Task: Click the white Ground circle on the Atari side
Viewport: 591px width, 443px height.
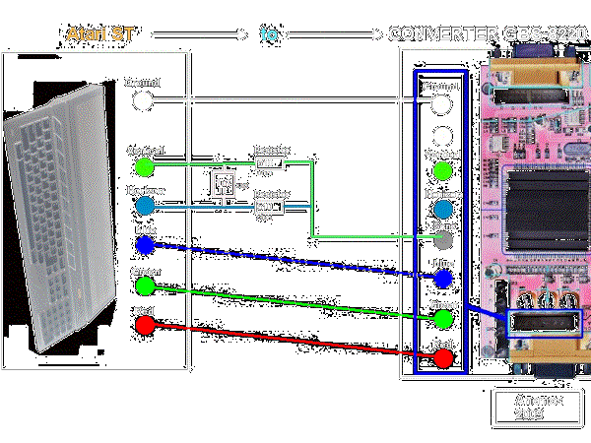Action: click(x=144, y=100)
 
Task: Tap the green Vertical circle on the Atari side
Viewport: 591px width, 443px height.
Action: click(x=145, y=165)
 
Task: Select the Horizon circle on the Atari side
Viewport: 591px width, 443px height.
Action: click(x=145, y=205)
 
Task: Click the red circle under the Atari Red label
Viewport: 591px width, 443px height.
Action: click(x=145, y=327)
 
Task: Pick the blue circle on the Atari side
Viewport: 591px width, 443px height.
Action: click(x=145, y=244)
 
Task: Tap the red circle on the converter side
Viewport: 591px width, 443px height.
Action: click(x=443, y=358)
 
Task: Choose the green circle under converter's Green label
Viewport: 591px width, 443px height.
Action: click(x=443, y=319)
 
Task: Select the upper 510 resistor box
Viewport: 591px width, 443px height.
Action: click(x=269, y=163)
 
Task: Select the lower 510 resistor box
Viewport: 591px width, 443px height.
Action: click(x=269, y=207)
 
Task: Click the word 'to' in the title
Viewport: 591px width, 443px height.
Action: click(x=269, y=34)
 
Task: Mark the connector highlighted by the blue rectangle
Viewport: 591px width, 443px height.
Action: click(x=545, y=324)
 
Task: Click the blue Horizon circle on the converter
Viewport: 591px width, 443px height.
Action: click(x=443, y=209)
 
